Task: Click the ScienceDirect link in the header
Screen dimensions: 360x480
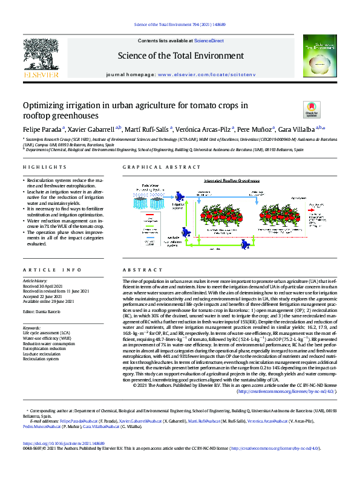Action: point(209,41)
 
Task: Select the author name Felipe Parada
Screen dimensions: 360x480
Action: point(41,129)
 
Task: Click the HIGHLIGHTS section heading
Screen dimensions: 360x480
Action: point(41,167)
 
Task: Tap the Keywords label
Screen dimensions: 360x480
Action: point(33,328)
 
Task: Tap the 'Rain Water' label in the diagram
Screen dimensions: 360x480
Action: point(150,186)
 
